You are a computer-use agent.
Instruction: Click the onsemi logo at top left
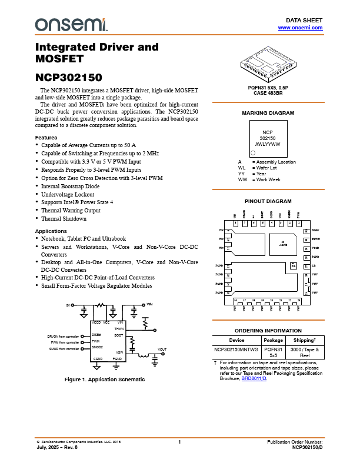click(x=71, y=24)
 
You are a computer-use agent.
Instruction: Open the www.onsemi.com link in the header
click(x=300, y=28)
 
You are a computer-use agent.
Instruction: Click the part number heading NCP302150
click(x=69, y=77)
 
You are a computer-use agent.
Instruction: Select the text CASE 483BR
click(x=268, y=93)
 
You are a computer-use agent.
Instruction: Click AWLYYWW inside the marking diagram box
click(x=268, y=144)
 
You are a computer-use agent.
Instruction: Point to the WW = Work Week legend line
click(x=259, y=179)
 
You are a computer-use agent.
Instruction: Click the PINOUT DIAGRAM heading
click(x=268, y=201)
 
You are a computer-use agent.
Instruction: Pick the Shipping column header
click(x=305, y=339)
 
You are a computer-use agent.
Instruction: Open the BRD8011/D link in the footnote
click(x=254, y=378)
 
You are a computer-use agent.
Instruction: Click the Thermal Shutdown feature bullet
click(x=64, y=218)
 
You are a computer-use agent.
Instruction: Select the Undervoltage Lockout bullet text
click(x=68, y=194)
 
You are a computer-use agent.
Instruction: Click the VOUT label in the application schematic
click(x=162, y=349)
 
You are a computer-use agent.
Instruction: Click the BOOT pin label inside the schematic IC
click(x=118, y=334)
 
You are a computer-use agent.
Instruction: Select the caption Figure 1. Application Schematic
click(x=105, y=379)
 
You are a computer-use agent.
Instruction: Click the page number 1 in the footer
click(x=179, y=442)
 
